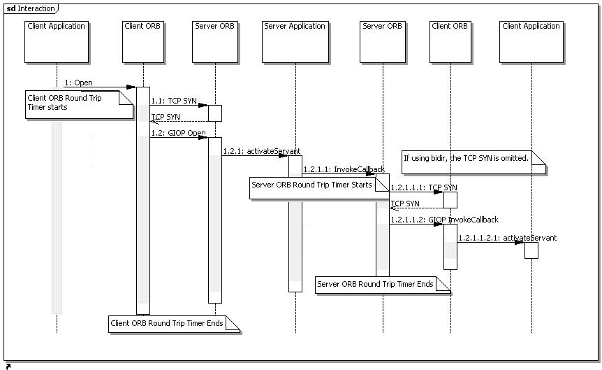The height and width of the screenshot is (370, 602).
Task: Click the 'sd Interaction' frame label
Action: point(31,8)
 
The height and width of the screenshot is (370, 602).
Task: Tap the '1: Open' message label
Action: point(78,83)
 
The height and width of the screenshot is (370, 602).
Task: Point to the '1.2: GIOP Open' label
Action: point(178,133)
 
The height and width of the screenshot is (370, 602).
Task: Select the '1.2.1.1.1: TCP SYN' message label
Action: point(424,188)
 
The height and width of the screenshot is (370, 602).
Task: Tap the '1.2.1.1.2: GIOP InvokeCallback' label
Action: point(444,220)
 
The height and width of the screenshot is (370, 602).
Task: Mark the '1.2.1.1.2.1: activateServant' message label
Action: point(507,238)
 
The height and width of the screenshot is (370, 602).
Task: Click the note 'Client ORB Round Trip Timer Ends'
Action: point(174,324)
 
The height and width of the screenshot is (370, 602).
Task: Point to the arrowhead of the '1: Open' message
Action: point(132,87)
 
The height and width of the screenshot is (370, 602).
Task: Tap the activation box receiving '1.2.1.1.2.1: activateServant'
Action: point(531,250)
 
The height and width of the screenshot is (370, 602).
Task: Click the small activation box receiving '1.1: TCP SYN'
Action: point(214,113)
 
